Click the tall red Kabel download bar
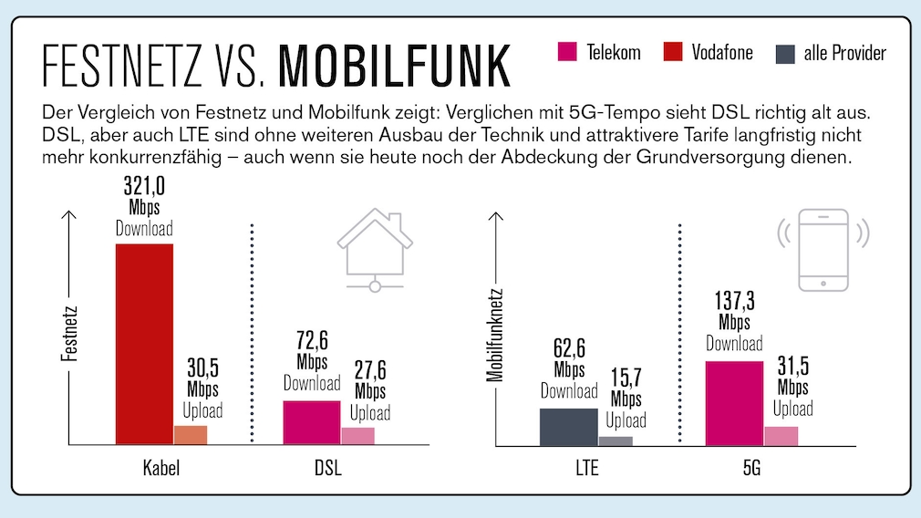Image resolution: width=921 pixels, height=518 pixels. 143,344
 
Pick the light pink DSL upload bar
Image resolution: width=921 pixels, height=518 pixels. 357,436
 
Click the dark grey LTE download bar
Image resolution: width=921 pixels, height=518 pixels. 569,427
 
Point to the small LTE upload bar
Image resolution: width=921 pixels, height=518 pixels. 616,440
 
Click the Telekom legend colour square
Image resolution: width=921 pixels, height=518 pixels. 567,52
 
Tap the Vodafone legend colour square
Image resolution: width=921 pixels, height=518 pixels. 673,52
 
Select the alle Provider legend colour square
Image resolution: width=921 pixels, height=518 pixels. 785,53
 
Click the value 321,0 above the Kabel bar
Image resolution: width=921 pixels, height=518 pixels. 143,188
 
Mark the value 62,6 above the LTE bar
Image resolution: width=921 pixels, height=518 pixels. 569,350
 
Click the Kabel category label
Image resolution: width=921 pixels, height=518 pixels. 160,469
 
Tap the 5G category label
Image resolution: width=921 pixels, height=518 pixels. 751,469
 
